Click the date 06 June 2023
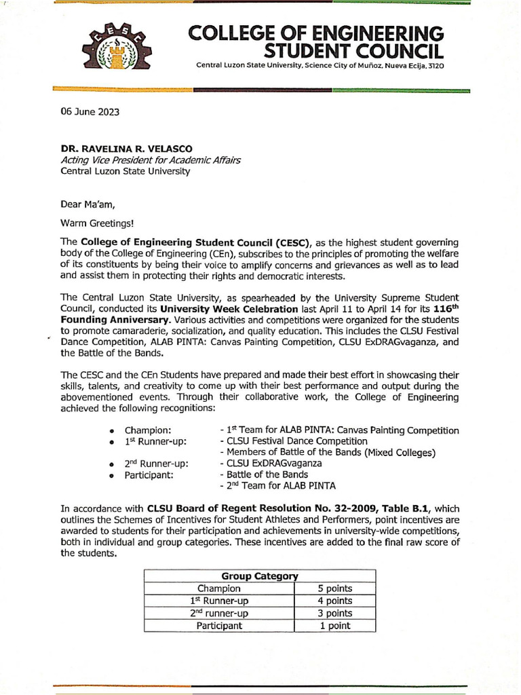click(90, 113)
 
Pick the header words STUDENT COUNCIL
click(354, 52)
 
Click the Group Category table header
click(260, 576)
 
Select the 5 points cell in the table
click(335, 588)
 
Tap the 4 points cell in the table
click(335, 601)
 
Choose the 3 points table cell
click(335, 613)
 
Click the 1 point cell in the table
click(335, 626)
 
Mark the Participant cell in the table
click(219, 626)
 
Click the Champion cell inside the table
click(219, 588)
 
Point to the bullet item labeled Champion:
click(147, 431)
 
